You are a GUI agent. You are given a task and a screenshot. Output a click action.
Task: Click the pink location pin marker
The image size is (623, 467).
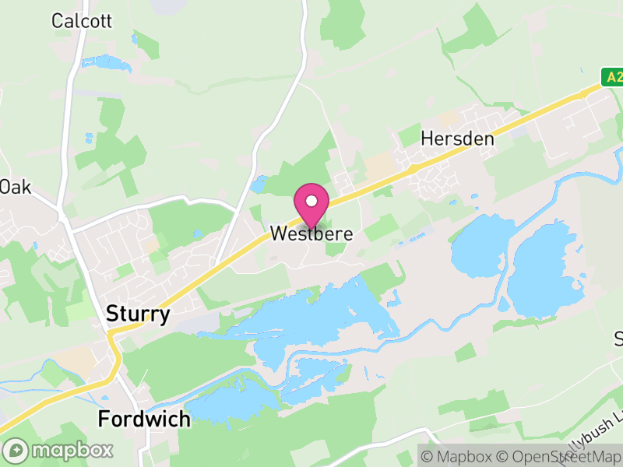point(311,204)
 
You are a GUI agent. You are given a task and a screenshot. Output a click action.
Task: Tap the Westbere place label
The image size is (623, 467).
point(311,233)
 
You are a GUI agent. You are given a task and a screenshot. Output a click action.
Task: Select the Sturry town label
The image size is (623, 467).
point(137,315)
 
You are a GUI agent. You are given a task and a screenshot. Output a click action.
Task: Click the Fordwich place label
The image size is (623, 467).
point(144,420)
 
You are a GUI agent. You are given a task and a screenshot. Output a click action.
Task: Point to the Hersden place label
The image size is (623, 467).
point(457,139)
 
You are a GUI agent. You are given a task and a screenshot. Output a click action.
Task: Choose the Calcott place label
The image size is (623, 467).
point(83,21)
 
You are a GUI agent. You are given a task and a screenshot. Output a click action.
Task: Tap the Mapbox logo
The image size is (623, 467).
point(58,450)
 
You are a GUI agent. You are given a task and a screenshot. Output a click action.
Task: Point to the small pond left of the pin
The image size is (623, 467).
point(259,185)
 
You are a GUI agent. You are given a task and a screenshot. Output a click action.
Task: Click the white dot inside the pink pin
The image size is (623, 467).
point(311,201)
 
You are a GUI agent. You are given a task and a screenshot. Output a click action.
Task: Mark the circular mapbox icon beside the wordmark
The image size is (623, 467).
point(16,450)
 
